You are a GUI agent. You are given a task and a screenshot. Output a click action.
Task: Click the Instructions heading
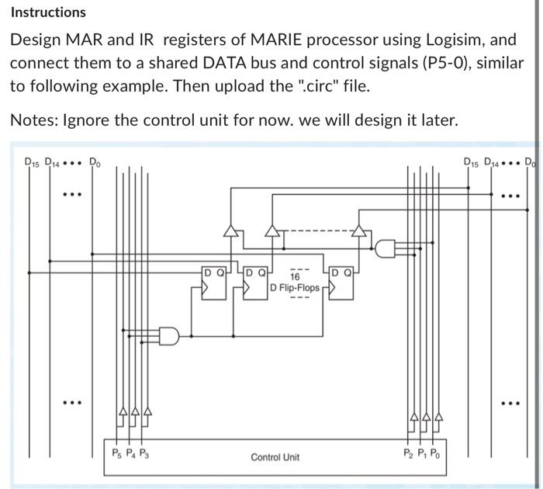(48, 12)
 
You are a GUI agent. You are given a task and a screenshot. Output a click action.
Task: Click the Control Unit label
(275, 457)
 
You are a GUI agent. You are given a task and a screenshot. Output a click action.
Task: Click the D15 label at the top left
(32, 163)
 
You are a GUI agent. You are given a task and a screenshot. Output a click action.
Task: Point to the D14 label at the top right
(493, 163)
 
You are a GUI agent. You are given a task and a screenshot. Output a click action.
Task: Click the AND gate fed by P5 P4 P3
(168, 335)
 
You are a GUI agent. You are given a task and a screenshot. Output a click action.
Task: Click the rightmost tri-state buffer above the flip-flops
(358, 231)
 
